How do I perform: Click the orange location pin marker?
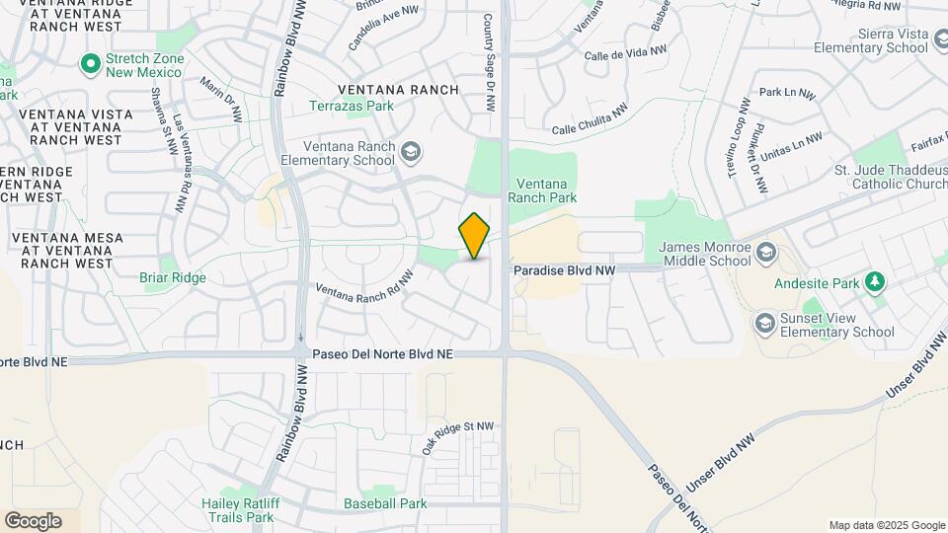pyautogui.click(x=475, y=236)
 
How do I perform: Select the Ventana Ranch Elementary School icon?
pyautogui.click(x=411, y=152)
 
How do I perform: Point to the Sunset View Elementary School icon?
pyautogui.click(x=764, y=323)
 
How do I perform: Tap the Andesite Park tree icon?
pyautogui.click(x=874, y=283)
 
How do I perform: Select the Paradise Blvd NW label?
pyautogui.click(x=564, y=269)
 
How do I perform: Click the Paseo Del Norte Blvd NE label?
pyautogui.click(x=382, y=353)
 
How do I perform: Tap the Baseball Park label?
pyautogui.click(x=385, y=503)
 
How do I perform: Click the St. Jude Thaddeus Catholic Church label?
pyautogui.click(x=891, y=177)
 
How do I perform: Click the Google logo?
pyautogui.click(x=33, y=520)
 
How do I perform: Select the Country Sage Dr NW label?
pyautogui.click(x=488, y=61)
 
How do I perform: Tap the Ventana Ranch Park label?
pyautogui.click(x=542, y=190)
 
